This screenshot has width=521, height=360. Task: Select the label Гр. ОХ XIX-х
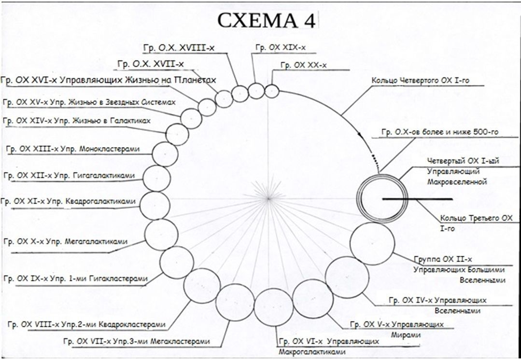[281, 47]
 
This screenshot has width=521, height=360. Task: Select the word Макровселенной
[457, 182]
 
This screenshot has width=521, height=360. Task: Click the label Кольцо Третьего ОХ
[476, 219]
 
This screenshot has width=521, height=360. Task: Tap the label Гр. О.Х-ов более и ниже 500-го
[440, 131]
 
